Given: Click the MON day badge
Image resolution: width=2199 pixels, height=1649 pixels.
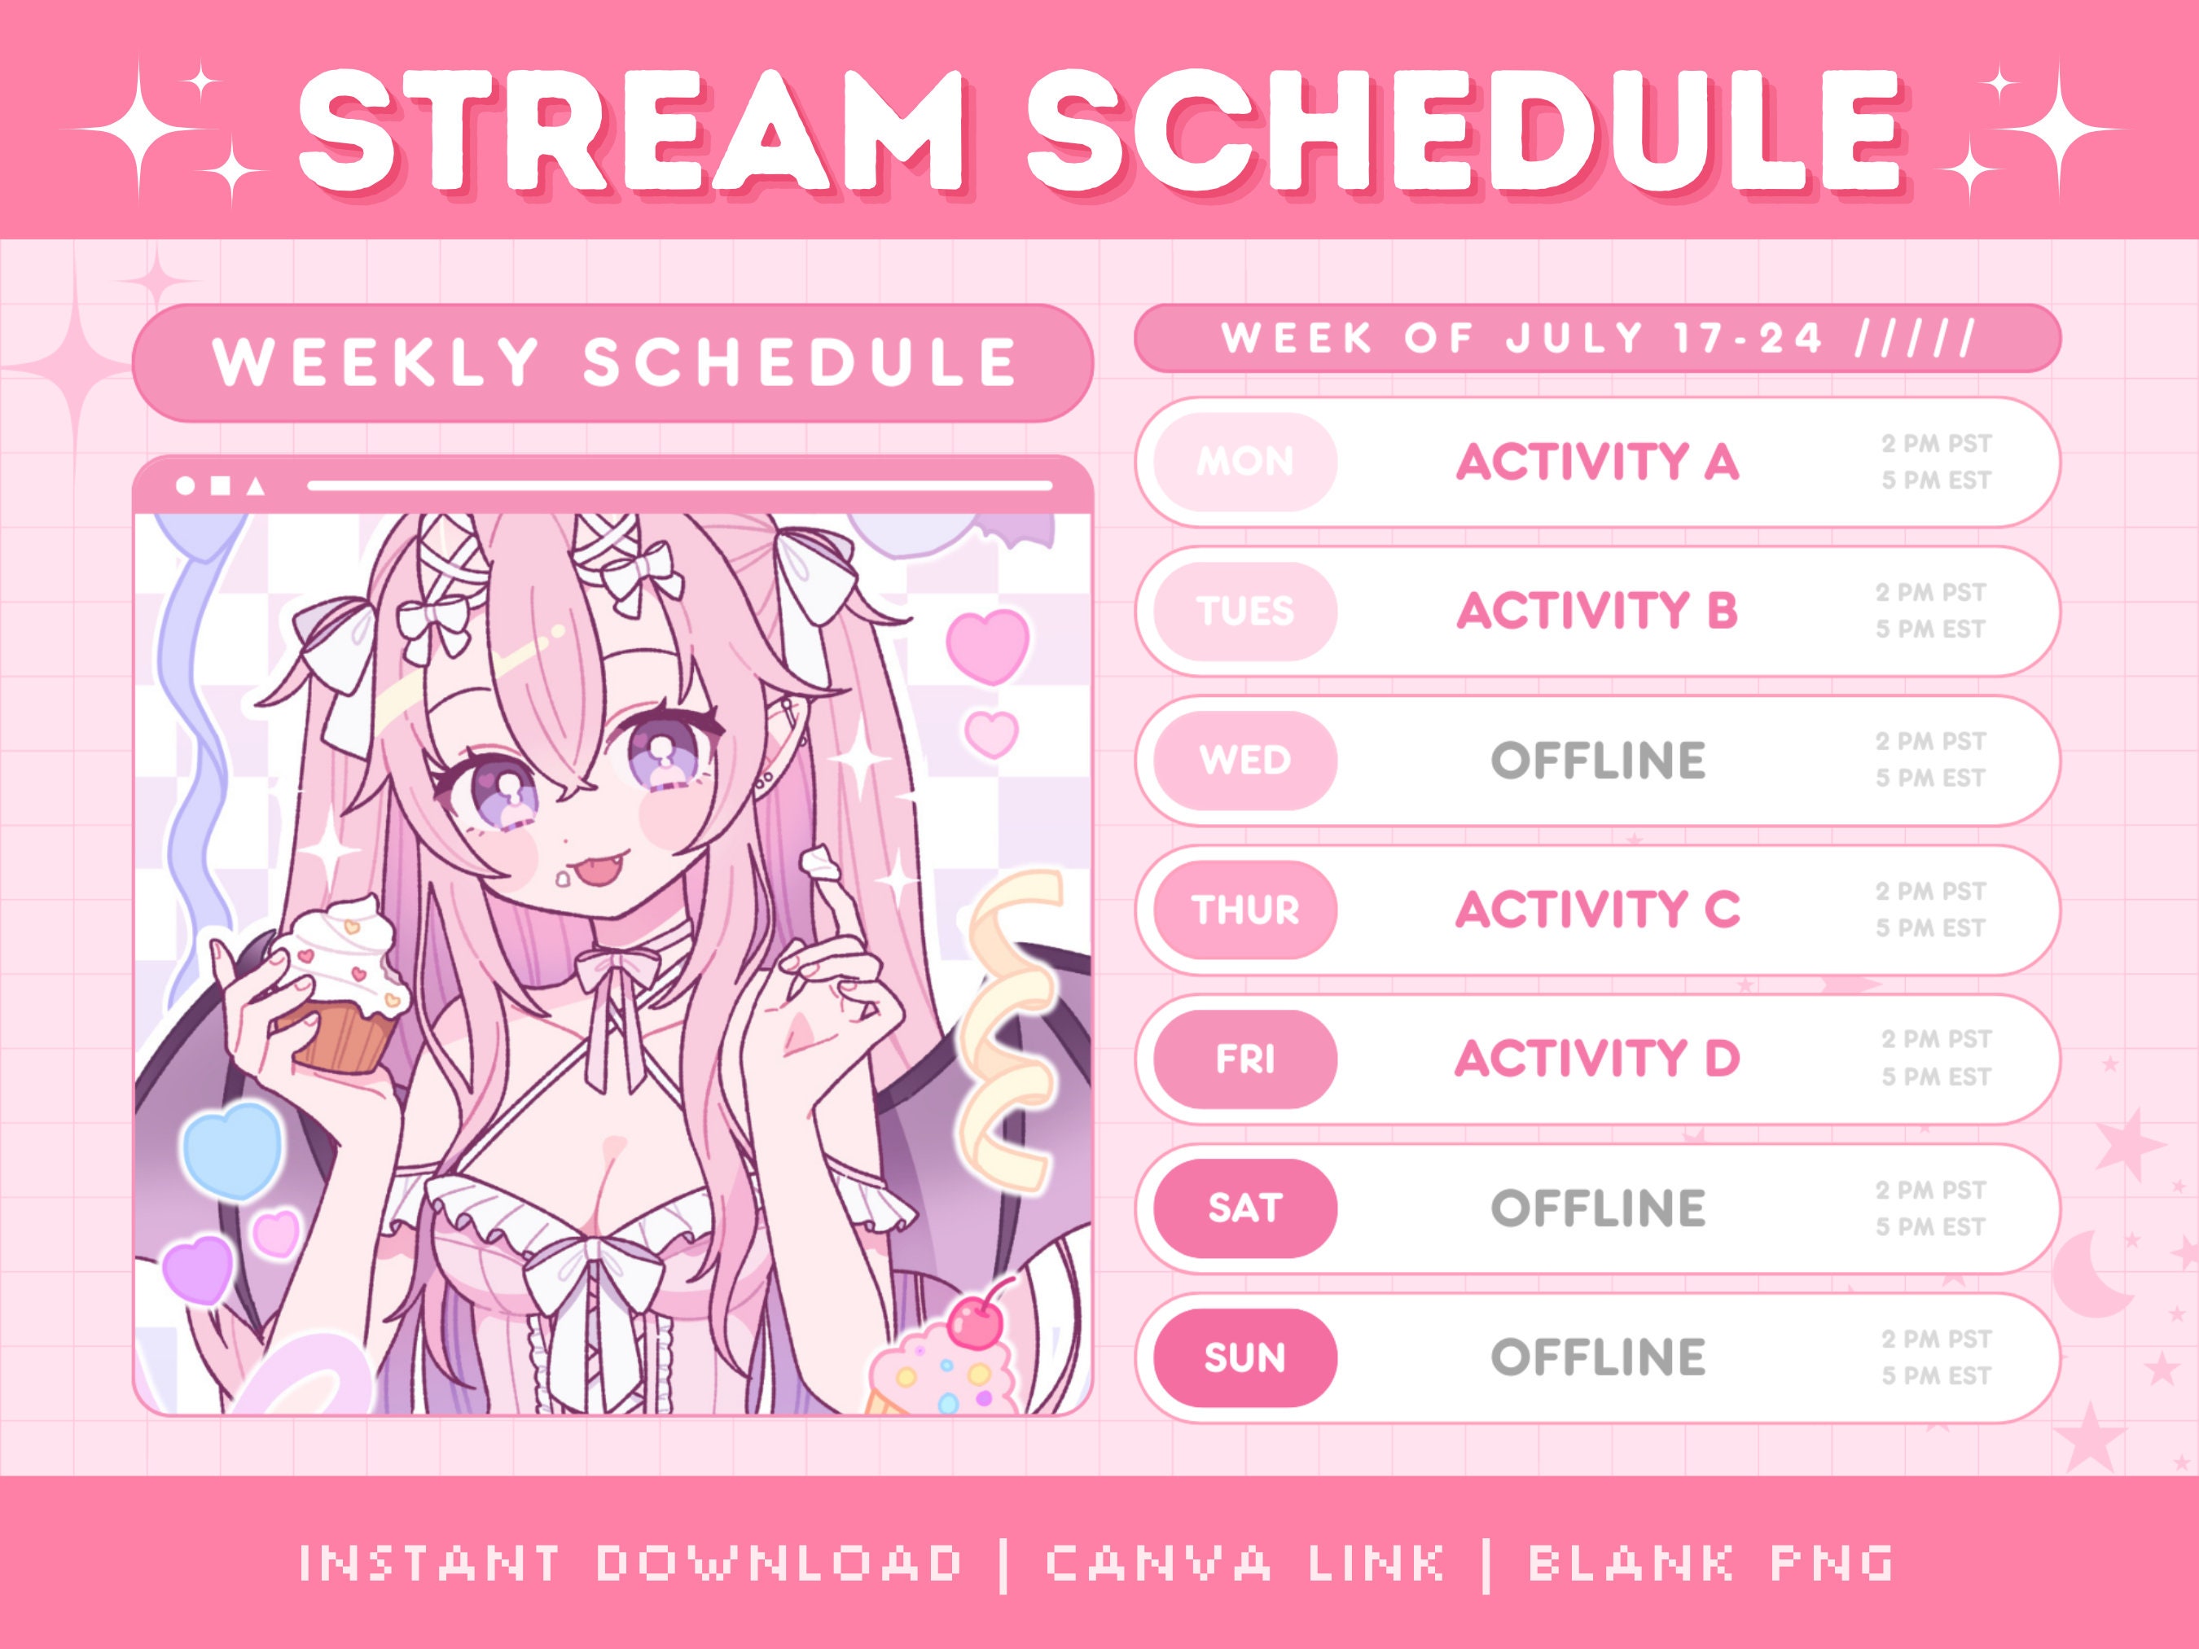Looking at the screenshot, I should pyautogui.click(x=1244, y=463).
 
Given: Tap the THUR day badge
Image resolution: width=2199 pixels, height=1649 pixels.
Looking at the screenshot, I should pyautogui.click(x=1244, y=910).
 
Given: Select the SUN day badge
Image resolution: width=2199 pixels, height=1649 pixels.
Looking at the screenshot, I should pyautogui.click(x=1244, y=1357).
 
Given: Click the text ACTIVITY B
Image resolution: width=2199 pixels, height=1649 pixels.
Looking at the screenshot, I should pyautogui.click(x=1596, y=610).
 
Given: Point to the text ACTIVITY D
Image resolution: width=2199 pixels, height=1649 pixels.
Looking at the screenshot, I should pyautogui.click(x=1596, y=1059).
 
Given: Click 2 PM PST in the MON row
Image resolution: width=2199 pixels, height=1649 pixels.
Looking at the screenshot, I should pyautogui.click(x=1936, y=445).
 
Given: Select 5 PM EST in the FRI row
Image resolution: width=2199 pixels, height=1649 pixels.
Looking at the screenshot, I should pyautogui.click(x=1936, y=1077).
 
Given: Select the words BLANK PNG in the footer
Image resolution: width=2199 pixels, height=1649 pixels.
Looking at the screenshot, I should pyautogui.click(x=1710, y=1563).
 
